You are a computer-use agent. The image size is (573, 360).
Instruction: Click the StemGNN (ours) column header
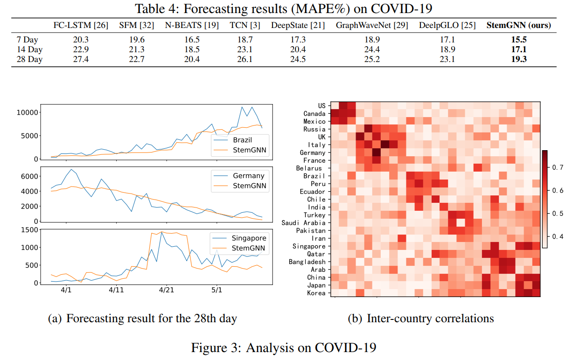click(518, 25)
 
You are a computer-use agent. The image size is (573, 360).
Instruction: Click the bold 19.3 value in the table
click(518, 59)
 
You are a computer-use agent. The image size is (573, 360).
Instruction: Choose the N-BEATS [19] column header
click(191, 25)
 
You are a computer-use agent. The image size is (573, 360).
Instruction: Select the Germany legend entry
click(248, 176)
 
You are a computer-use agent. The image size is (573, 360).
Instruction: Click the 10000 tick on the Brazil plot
click(26, 112)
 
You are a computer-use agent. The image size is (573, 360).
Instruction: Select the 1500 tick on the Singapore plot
click(30, 229)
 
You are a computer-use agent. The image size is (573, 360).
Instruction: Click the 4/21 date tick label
click(166, 290)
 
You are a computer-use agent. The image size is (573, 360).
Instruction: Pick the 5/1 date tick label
click(217, 290)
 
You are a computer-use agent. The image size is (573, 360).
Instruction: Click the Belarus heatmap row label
click(310, 168)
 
